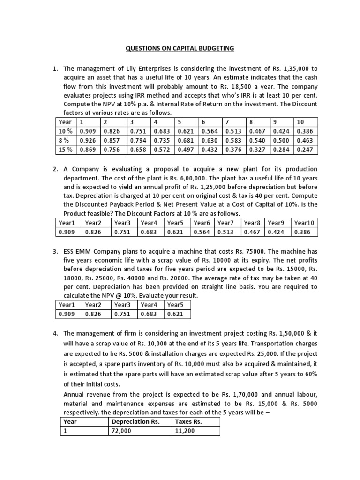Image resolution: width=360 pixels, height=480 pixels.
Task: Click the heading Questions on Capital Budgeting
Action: (180, 48)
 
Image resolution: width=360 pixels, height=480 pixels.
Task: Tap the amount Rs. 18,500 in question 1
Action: (236, 87)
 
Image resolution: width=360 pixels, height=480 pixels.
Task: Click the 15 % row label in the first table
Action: (66, 150)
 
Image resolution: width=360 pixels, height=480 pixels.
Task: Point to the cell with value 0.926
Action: (89, 140)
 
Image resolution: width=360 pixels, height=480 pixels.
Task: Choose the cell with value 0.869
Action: (89, 150)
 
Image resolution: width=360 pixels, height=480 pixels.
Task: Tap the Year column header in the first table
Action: (66, 122)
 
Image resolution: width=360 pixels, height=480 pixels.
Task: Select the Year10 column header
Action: (304, 223)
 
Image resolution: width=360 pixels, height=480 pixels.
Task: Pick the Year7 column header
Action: (226, 223)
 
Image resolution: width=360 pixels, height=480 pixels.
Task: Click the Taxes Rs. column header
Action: (186, 421)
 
